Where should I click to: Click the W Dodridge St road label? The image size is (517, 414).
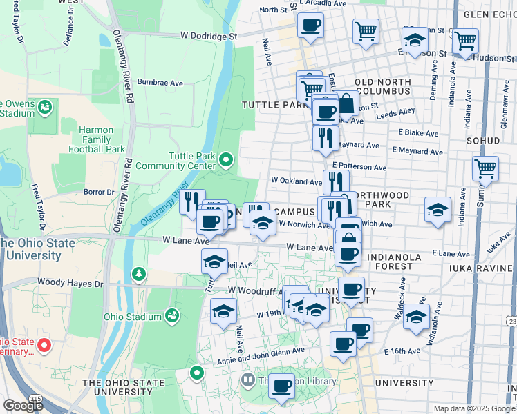[x=209, y=34]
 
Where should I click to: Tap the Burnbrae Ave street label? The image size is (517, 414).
[x=160, y=82]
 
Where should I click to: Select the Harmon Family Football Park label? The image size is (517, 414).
[x=101, y=139]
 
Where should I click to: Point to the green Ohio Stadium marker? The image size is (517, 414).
[x=172, y=317]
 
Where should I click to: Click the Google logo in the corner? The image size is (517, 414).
[x=22, y=406]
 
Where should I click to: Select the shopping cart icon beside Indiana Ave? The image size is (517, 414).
[x=485, y=168]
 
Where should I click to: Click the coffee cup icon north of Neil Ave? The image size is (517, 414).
[x=310, y=26]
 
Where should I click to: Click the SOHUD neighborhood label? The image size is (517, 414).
[x=483, y=140]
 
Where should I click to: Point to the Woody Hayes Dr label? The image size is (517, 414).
[x=70, y=282]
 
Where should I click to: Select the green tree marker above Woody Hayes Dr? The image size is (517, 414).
[x=140, y=275]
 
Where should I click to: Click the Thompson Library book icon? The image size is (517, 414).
[x=247, y=379]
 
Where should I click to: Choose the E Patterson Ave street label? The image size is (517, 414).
[x=359, y=166]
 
